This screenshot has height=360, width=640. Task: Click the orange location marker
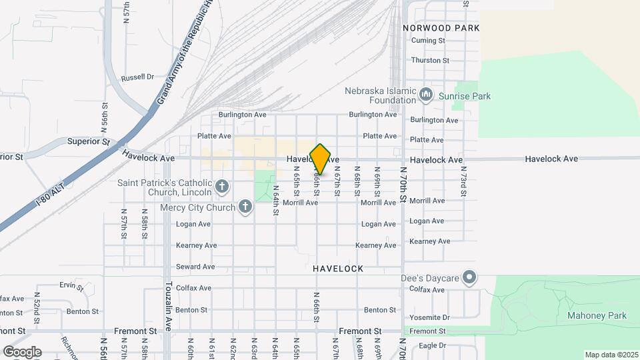[x=321, y=159]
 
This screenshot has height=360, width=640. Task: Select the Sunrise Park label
[x=465, y=96]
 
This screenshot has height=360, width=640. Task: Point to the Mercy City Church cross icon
[x=245, y=207]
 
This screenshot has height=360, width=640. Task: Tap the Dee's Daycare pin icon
[x=470, y=277]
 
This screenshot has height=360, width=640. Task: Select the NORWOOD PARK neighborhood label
[x=441, y=28]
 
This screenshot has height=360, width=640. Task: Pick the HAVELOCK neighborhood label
[x=338, y=269]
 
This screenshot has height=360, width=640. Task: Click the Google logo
[x=22, y=351]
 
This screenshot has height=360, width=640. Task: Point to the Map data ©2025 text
[x=611, y=355]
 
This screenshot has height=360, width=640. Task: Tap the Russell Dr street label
[x=138, y=77]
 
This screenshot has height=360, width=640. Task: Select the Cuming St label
[x=428, y=41]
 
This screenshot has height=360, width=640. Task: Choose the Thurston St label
[x=430, y=60]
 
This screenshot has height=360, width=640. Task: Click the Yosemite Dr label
[x=430, y=317]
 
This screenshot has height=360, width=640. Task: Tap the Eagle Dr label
[x=427, y=345]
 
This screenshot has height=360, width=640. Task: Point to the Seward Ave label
[x=195, y=267]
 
